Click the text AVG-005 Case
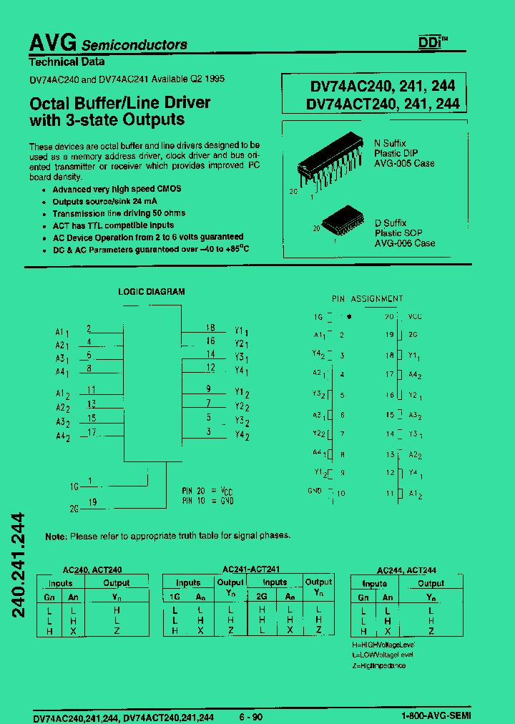coord(405,164)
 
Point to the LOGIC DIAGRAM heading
coord(152,292)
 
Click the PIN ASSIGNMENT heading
coord(368,299)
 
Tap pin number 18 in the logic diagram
coord(210,326)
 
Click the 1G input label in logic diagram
coord(74,486)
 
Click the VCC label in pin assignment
coord(416,316)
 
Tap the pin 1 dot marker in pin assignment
coord(349,316)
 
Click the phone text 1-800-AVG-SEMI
coord(432,716)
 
